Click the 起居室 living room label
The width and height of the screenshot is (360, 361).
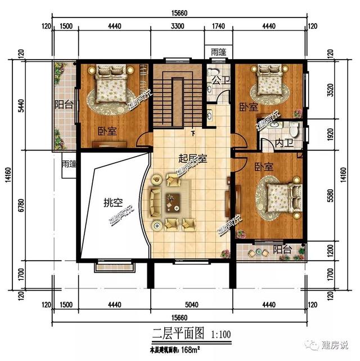(x=193, y=159)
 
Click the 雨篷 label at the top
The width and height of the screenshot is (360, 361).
(x=219, y=52)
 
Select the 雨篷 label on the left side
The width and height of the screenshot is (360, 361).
(x=69, y=164)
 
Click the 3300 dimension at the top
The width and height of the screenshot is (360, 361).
(x=177, y=25)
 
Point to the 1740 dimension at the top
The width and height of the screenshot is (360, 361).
(x=219, y=25)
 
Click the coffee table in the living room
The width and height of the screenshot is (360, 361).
(x=172, y=198)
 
